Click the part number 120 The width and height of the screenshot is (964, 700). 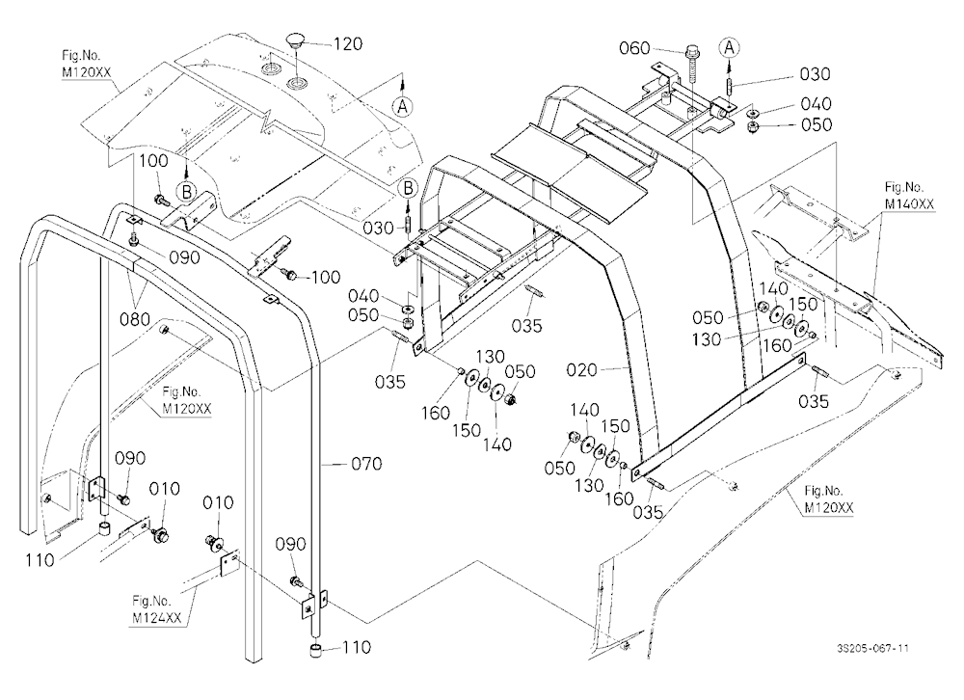348,43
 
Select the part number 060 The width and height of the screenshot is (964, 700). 634,47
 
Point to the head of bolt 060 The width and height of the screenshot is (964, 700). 691,51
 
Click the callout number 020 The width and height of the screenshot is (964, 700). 581,369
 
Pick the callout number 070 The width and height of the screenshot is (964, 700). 366,463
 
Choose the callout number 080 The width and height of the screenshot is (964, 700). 135,319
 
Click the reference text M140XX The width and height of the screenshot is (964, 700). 909,203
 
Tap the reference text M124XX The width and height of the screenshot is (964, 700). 157,618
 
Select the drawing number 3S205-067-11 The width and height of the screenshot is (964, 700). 872,648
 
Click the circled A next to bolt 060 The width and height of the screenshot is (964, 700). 729,47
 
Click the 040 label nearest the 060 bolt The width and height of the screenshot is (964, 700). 816,103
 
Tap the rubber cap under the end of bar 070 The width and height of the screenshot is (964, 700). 317,650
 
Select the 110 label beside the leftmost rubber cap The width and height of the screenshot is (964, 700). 40,560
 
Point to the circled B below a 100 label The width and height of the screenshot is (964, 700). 186,192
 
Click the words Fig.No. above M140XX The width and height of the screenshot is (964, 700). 904,187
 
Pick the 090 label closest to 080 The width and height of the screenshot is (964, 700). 184,257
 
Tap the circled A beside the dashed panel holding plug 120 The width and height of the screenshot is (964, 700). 403,106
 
